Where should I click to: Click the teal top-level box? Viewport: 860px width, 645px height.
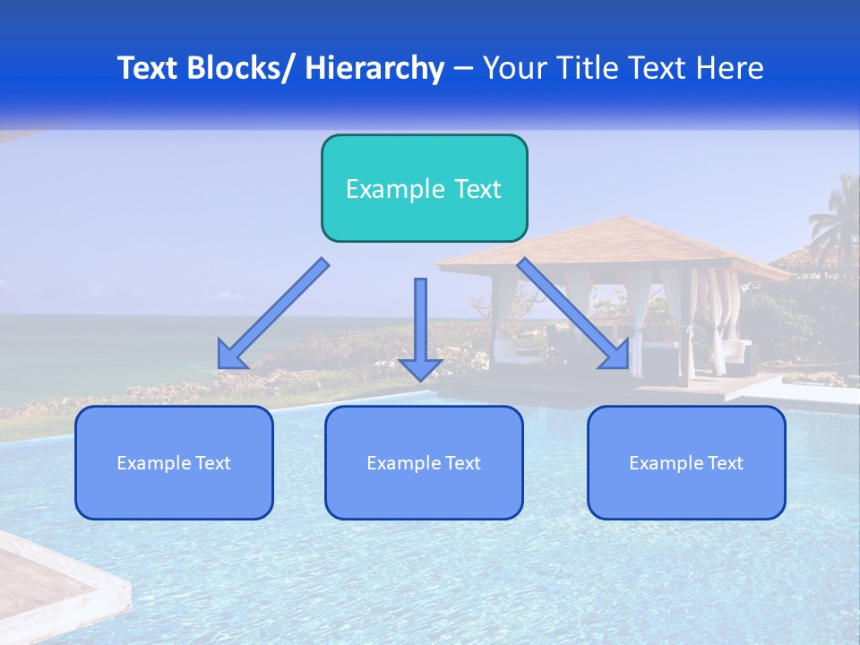(x=424, y=188)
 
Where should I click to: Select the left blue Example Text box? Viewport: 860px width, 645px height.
(x=174, y=462)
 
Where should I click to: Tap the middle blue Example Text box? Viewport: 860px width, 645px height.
(x=424, y=462)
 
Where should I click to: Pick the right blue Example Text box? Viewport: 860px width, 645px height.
(x=686, y=462)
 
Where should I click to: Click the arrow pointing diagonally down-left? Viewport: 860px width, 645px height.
(x=273, y=314)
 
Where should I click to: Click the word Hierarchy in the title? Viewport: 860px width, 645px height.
(x=374, y=68)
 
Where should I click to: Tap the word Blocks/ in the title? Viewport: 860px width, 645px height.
(x=241, y=68)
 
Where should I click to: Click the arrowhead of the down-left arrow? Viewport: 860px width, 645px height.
(x=231, y=356)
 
